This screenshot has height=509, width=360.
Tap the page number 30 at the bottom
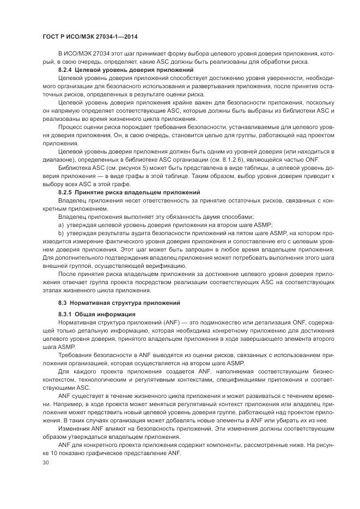(x=46, y=463)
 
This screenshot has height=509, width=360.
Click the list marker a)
(x=61, y=225)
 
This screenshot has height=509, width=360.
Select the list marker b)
(x=61, y=234)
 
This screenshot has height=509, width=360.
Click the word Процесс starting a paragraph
(x=71, y=127)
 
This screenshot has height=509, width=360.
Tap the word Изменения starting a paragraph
(x=75, y=430)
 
